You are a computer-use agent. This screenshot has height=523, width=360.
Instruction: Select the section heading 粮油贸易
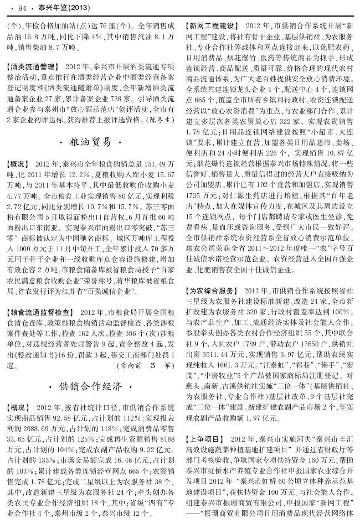[92, 143]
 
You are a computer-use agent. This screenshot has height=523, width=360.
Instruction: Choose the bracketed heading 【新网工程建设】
[213, 26]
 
